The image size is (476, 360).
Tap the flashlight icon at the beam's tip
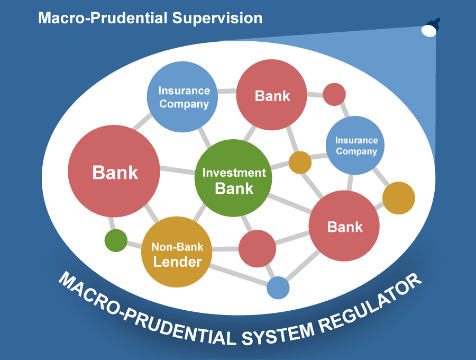pyautogui.click(x=429, y=29)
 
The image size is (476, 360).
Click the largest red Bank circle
pyautogui.click(x=114, y=172)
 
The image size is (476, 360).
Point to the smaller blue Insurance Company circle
pyautogui.click(x=356, y=146)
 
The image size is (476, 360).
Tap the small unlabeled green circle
pyautogui.click(x=116, y=240)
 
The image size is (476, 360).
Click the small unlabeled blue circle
pyautogui.click(x=278, y=288)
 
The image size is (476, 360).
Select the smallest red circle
pyautogui.click(x=334, y=94)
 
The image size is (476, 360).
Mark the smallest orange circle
pyautogui.click(x=300, y=163)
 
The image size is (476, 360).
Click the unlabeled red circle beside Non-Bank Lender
pyautogui.click(x=258, y=248)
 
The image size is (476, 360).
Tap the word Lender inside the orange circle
pyautogui.click(x=177, y=262)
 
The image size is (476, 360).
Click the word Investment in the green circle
pyautogui.click(x=234, y=173)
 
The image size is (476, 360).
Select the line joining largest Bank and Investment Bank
pyautogui.click(x=177, y=170)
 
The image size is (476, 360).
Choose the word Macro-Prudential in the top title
pyautogui.click(x=103, y=18)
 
